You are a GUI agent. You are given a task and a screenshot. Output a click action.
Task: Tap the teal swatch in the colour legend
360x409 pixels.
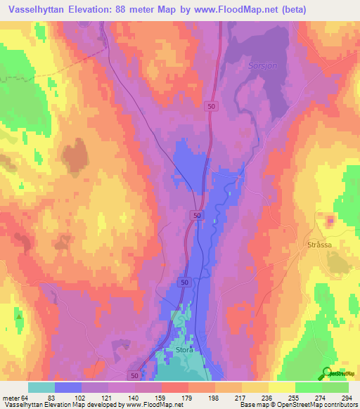coord(41,387)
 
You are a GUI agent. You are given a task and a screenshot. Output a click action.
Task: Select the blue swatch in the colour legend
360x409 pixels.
coord(68,387)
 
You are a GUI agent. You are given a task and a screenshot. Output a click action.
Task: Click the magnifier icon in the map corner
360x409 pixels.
coord(327,375)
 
